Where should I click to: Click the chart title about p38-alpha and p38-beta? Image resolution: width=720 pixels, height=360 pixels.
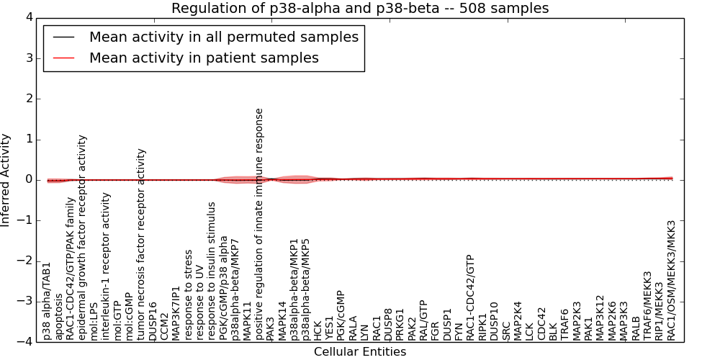click(360, 9)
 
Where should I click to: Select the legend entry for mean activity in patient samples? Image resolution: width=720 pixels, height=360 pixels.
click(204, 58)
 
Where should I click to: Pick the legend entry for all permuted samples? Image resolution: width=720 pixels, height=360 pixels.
click(223, 37)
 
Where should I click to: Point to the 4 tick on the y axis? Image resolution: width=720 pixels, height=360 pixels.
click(28, 18)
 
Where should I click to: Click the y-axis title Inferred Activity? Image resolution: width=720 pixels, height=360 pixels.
click(6, 180)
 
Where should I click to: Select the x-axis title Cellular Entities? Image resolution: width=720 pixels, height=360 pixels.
click(360, 352)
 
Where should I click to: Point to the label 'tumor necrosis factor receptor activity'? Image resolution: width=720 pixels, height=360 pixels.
click(142, 245)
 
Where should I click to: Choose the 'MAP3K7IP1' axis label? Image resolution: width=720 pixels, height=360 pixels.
click(177, 313)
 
